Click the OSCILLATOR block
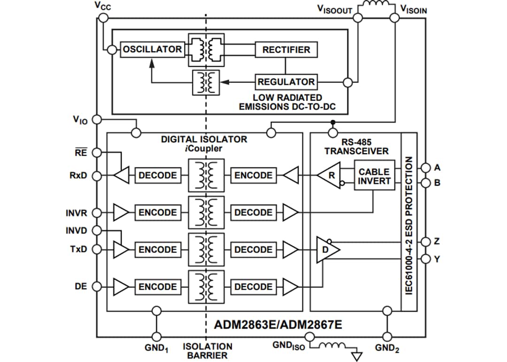tap(152, 49)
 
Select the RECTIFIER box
tap(286, 49)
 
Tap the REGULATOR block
tap(286, 82)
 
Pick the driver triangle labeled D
tap(328, 249)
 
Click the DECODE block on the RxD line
tap(158, 175)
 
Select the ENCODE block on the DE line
tap(158, 287)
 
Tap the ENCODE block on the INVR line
tap(158, 212)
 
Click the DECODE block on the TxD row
tap(253, 250)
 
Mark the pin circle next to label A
tap(425, 167)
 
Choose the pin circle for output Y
tap(425, 259)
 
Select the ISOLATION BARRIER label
tap(207, 351)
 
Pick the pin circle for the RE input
tap(96, 152)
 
